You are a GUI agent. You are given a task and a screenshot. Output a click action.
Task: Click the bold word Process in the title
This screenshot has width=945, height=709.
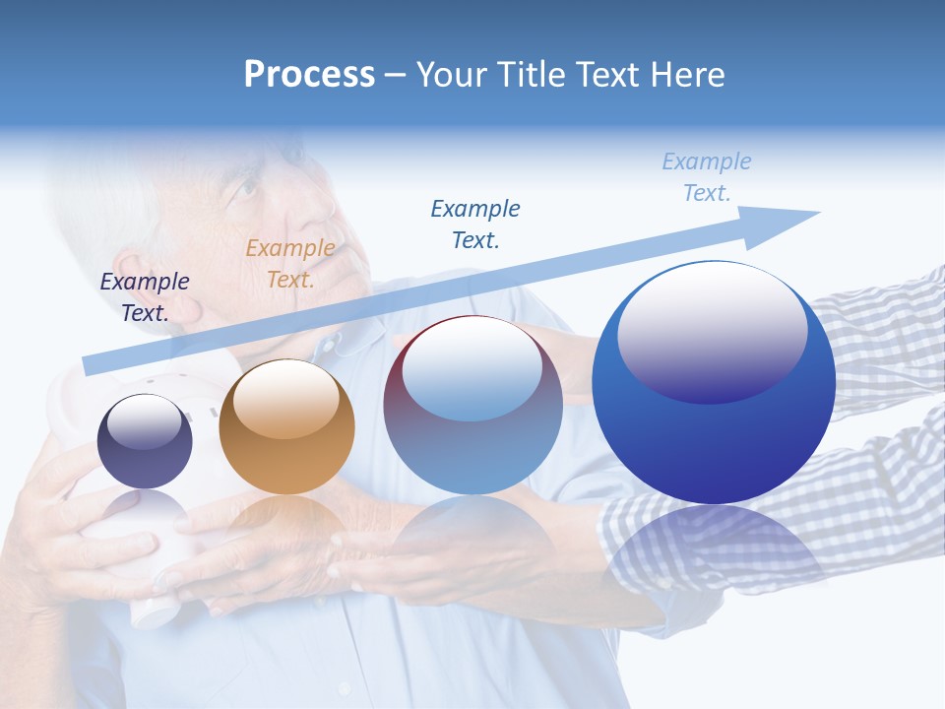pyautogui.click(x=309, y=74)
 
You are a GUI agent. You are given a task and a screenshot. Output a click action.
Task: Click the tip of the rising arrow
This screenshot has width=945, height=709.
pyautogui.click(x=817, y=213)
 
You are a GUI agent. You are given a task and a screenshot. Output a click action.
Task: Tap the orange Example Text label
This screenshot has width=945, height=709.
pyautogui.click(x=290, y=264)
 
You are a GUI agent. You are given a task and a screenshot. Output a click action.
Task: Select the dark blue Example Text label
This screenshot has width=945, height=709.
pyautogui.click(x=475, y=224)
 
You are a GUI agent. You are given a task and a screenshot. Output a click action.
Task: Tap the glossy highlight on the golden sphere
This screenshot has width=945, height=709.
pyautogui.click(x=286, y=394)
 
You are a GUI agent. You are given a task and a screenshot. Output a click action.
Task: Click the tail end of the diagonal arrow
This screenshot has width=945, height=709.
pyautogui.click(x=89, y=365)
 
